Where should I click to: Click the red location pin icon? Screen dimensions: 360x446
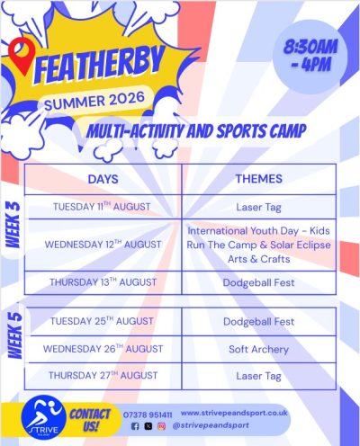pos(22,56)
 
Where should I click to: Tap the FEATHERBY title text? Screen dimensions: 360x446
pos(99,66)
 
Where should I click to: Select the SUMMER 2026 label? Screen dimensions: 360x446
pos(94,101)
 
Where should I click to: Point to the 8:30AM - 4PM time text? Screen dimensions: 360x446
pos(310,56)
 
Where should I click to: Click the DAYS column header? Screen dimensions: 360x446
pos(103,179)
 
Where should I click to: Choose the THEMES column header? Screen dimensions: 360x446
pos(258,179)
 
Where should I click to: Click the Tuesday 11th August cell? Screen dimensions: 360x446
pos(102,207)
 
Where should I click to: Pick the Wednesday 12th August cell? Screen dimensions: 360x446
pos(103,245)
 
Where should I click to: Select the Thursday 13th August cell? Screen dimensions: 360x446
pos(103,282)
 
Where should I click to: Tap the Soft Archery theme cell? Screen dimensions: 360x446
pos(258,349)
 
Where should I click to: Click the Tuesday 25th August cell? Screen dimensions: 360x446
pos(102,321)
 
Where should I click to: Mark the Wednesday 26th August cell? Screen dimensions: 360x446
pos(103,349)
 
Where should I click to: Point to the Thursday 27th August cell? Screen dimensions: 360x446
pos(103,375)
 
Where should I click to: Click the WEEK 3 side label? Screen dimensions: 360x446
pos(13,225)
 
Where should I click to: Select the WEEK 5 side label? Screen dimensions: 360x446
pos(15,335)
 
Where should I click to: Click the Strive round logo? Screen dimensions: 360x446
pos(44,417)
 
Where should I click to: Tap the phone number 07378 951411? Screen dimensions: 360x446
pos(148,415)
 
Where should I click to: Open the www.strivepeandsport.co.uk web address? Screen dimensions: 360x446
pos(234,413)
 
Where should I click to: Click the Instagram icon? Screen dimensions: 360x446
pos(161,426)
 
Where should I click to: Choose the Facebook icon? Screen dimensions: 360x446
pos(135,426)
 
